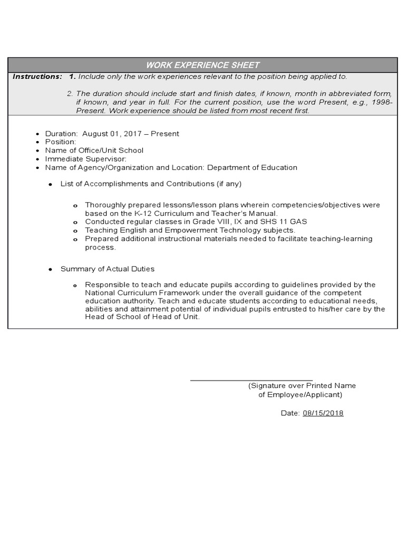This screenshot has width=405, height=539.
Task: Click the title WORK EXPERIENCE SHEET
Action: pos(203,65)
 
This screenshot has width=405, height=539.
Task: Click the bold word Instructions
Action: pos(37,77)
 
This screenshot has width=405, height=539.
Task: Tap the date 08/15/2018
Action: pos(323,413)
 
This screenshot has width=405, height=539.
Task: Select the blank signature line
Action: pos(251,379)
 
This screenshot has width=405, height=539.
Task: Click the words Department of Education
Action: pos(252,167)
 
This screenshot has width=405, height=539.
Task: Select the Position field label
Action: pos(61,142)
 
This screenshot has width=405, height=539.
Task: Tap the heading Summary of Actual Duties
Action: pos(108,269)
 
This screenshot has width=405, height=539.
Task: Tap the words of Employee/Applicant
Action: pos(300,395)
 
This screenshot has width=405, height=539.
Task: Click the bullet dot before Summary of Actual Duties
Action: pos(50,269)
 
